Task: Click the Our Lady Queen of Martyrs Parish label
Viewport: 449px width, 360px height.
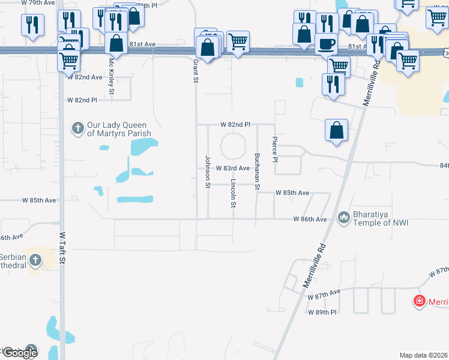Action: coord(118,128)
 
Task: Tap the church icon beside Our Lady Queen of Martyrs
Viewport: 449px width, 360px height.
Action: coord(77,128)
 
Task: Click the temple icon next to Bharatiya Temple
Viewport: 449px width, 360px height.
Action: coord(344,217)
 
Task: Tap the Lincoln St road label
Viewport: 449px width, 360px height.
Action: coord(233,193)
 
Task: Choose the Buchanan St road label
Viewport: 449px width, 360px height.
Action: coord(257,172)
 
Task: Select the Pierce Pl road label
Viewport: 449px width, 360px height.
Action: coord(275,149)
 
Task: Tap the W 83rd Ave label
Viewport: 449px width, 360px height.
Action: coord(232,169)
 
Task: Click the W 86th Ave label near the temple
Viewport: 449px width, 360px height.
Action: coord(310,220)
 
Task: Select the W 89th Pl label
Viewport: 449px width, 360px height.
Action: coord(322,313)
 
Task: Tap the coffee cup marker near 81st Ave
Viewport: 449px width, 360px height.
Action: coord(326,44)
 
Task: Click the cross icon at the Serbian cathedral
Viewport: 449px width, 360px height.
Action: coord(35,260)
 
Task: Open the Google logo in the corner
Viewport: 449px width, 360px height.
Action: coord(19,353)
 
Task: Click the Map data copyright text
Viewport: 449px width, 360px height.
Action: coord(424,355)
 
